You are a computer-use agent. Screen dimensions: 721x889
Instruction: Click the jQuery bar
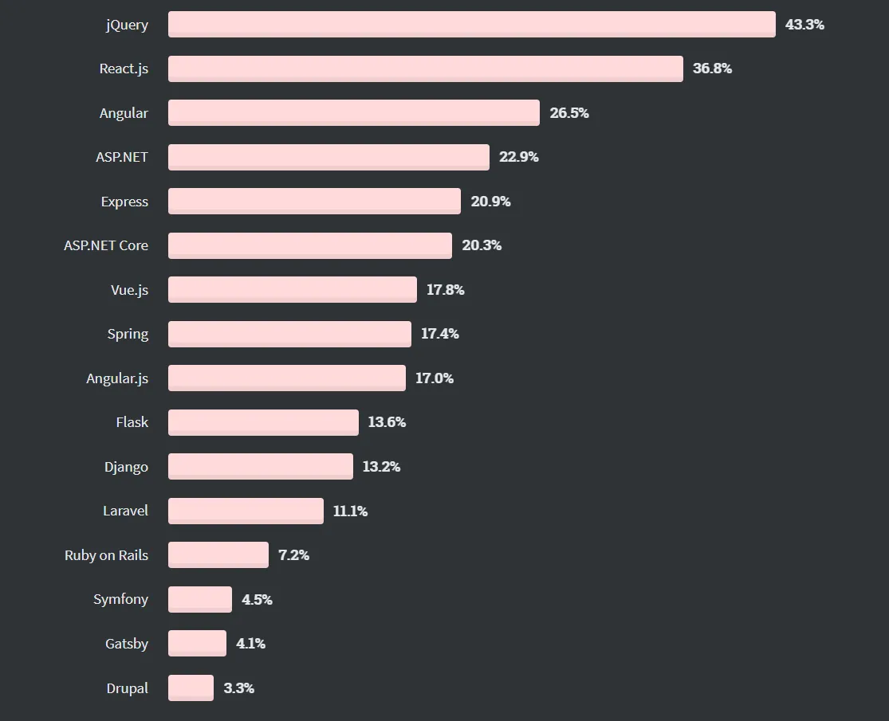(471, 24)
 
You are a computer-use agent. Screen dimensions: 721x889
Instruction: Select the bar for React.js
(425, 69)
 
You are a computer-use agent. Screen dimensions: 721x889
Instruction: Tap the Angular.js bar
(286, 378)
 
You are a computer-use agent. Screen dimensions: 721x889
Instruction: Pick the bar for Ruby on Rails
(218, 555)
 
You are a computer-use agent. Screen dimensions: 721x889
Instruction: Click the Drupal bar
(191, 688)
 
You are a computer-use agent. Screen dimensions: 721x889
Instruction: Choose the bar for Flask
(263, 422)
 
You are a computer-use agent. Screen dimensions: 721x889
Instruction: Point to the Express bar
(314, 202)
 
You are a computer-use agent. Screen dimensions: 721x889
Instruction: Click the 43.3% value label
(804, 25)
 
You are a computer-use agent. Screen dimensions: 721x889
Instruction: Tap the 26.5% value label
(569, 113)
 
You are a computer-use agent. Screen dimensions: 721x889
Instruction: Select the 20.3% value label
(482, 245)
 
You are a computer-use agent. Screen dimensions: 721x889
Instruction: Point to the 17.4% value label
(440, 334)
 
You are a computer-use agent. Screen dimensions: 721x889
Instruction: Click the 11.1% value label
(350, 511)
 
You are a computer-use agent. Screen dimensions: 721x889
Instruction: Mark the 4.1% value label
(250, 644)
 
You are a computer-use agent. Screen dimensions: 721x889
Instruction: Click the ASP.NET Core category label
(106, 245)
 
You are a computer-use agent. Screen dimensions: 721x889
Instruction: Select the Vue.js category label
(129, 290)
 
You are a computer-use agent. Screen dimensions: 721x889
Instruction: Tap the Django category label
(126, 467)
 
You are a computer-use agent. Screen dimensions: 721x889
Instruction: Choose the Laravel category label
(125, 511)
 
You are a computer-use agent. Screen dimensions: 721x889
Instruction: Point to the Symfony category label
(120, 599)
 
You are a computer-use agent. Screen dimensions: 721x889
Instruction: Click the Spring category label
(128, 334)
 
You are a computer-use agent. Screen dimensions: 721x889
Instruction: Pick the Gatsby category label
(127, 644)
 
